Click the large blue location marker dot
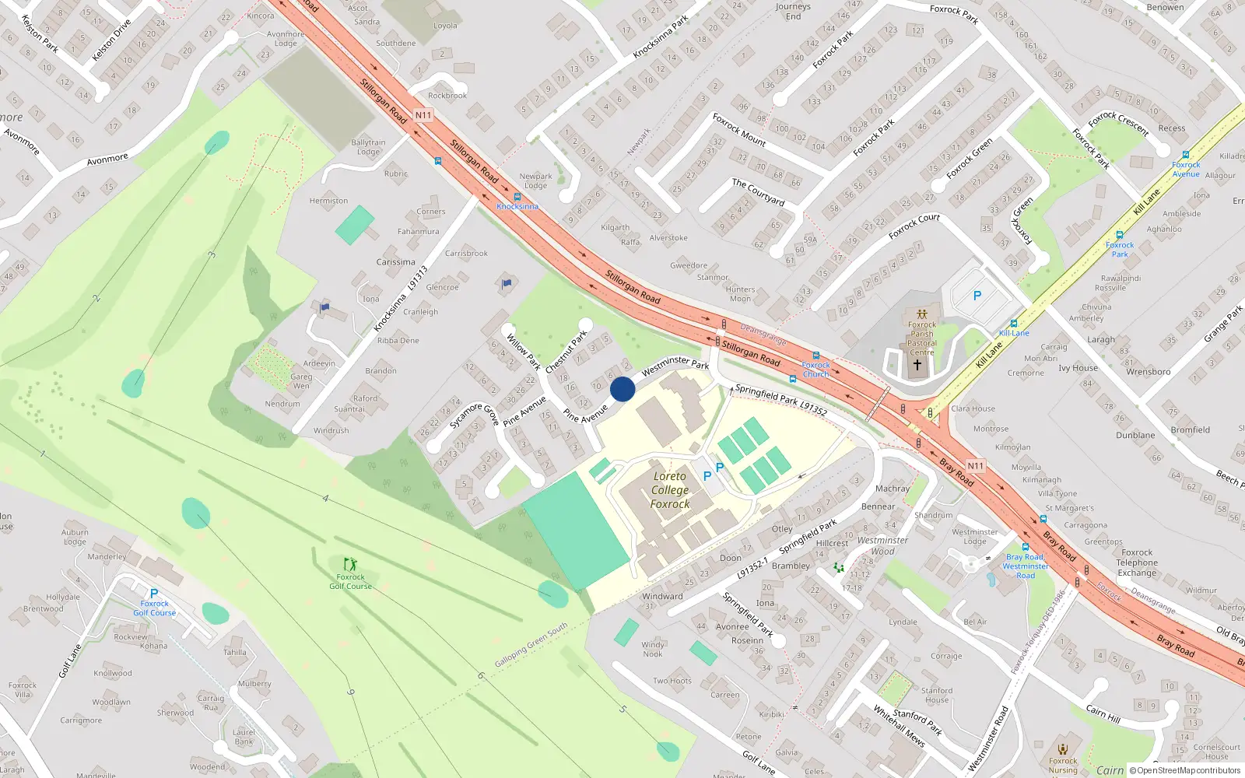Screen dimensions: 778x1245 click(x=622, y=389)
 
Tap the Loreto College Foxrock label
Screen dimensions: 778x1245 click(x=670, y=490)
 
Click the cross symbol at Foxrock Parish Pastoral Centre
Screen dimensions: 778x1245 click(x=917, y=364)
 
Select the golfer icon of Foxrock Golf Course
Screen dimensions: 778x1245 click(x=350, y=563)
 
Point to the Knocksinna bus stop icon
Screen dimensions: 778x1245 click(x=517, y=197)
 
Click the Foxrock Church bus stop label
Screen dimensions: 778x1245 click(x=815, y=369)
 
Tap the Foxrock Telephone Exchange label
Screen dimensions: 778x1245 click(x=1137, y=562)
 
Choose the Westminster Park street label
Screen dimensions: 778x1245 click(x=675, y=363)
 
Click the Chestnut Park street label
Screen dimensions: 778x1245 click(x=566, y=352)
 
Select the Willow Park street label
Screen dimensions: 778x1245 click(x=523, y=351)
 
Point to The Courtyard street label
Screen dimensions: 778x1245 click(x=758, y=192)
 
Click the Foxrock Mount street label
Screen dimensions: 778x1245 click(x=738, y=129)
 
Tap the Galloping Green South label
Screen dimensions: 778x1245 click(x=531, y=645)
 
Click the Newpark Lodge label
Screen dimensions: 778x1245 click(x=535, y=180)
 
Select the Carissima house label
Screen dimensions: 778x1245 click(x=395, y=262)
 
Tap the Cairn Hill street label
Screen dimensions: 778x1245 click(x=1103, y=713)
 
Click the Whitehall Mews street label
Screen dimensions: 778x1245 click(x=899, y=726)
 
